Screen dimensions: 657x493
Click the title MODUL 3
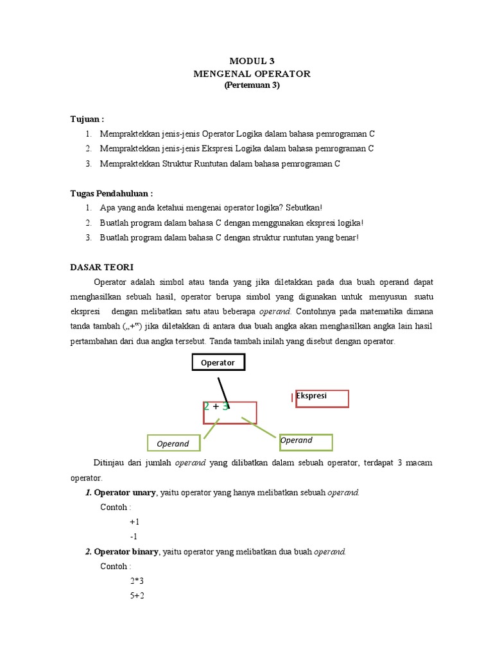point(252,62)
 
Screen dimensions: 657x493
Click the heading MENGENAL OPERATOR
point(252,74)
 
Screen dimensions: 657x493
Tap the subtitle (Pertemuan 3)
point(252,85)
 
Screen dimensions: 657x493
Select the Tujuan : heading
point(87,119)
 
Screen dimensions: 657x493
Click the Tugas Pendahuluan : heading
point(111,193)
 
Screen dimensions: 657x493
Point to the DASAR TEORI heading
point(101,267)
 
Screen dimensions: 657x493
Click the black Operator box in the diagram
point(218,363)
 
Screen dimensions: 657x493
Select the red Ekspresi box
point(321,398)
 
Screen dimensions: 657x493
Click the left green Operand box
point(173,443)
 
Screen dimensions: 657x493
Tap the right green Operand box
point(306,442)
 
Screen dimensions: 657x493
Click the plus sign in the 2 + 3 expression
point(216,407)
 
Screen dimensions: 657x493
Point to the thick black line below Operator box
point(223,389)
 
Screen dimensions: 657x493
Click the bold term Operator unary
point(125,493)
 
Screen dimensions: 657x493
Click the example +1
point(134,522)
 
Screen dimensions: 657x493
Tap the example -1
point(134,537)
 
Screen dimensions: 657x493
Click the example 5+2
point(137,596)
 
